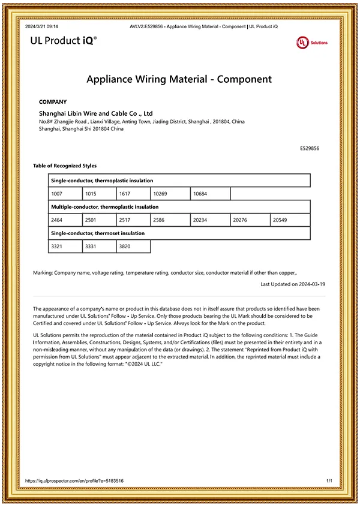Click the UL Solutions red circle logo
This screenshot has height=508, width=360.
coord(302,42)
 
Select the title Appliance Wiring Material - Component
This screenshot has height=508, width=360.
coord(179,79)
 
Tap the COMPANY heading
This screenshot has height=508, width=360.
coord(53,102)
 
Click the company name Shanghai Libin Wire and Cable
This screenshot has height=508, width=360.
coord(96,113)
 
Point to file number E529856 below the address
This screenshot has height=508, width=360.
coord(310,148)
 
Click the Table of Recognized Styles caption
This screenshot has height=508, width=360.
coord(65,166)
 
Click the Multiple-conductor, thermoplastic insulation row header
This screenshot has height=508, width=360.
coord(105,207)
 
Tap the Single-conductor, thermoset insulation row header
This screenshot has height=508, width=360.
coord(98,233)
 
